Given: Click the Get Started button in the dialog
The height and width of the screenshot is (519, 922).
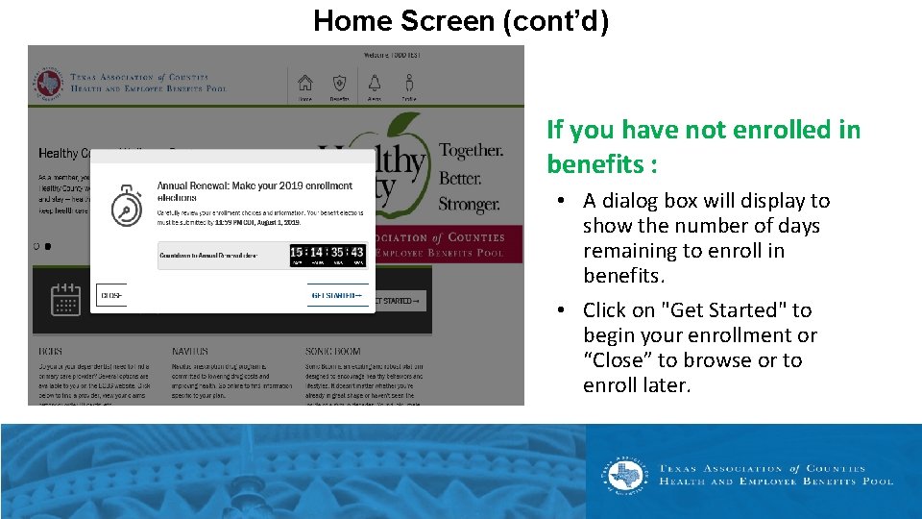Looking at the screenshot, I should (x=336, y=296).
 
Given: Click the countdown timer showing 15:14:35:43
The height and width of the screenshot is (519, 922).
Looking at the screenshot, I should (x=328, y=255).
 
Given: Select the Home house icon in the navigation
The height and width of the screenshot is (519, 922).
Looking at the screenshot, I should (x=305, y=84).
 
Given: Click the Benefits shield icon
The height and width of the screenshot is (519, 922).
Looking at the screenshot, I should (x=339, y=84).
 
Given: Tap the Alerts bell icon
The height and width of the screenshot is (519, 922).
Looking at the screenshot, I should (x=374, y=84).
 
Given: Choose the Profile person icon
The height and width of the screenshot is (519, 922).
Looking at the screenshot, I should (x=409, y=84).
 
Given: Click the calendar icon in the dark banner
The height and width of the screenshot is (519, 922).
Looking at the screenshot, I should (x=65, y=300).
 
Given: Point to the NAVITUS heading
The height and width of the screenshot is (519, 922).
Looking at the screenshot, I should (x=190, y=352).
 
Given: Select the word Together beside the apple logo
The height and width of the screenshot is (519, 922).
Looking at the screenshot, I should (x=471, y=151).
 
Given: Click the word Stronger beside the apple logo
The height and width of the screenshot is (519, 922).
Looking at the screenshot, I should (x=469, y=204).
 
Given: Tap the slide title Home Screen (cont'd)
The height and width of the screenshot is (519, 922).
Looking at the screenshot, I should (x=461, y=20).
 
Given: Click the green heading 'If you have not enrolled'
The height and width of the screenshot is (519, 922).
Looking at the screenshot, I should (x=703, y=131).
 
